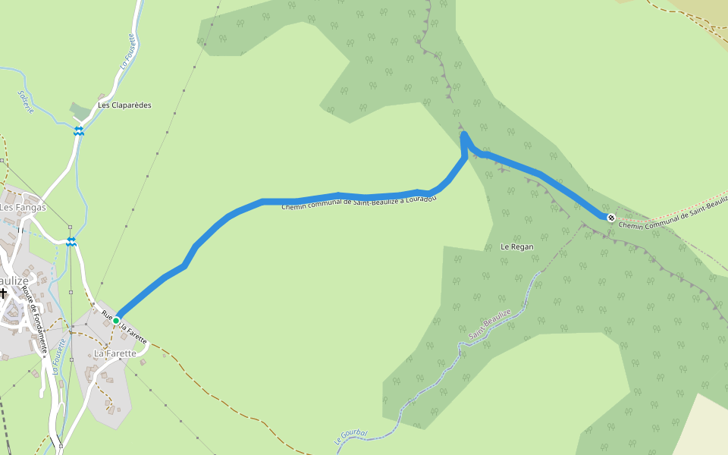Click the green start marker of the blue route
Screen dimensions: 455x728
[116, 321]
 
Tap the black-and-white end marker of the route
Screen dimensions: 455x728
[610, 218]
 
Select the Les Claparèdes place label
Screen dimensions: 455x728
[124, 105]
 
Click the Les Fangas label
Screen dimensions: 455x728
[23, 207]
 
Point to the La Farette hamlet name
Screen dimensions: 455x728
[115, 353]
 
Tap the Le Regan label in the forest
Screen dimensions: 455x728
[517, 246]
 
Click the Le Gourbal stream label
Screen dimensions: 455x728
[350, 437]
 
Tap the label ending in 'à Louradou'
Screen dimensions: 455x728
[359, 201]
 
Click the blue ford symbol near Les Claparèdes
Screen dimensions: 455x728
[79, 131]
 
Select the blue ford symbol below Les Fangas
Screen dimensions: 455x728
[71, 242]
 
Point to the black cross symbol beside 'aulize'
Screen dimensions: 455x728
[3, 292]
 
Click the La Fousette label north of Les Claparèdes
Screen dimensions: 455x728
[127, 52]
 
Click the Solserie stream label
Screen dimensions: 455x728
[27, 102]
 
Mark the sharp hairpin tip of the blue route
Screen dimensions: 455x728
[463, 134]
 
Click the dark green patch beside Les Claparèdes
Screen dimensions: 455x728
[80, 111]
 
